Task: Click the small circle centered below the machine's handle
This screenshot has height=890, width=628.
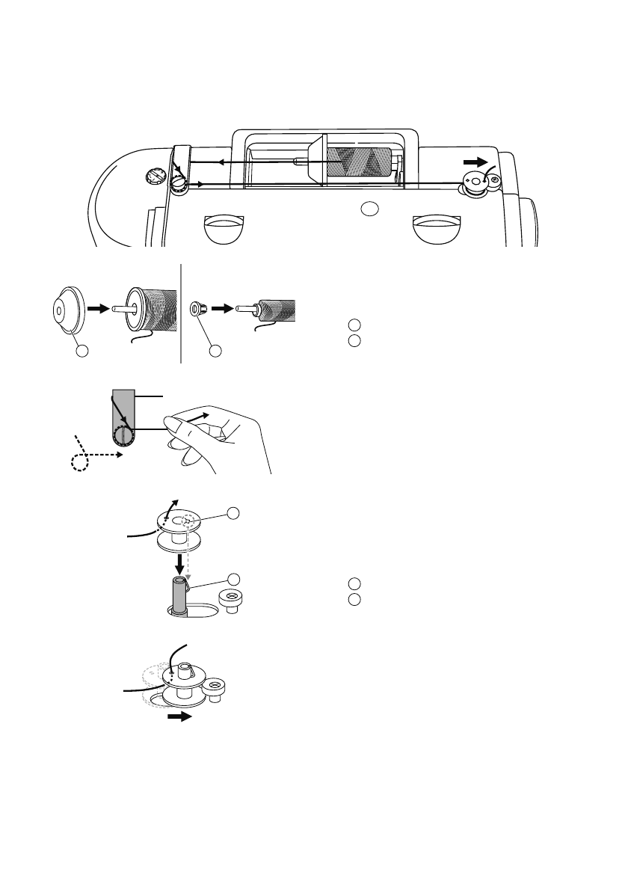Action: point(369,208)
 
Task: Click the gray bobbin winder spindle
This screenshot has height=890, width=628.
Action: point(180,595)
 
